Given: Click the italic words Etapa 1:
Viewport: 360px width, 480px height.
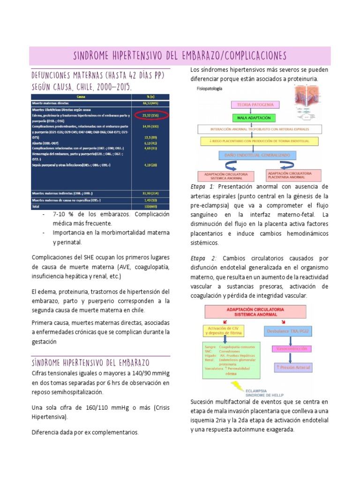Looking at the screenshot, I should coord(202,187).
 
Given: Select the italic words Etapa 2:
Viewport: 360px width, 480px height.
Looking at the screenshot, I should coord(203,258).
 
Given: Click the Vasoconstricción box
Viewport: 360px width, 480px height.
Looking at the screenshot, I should coord(292,349).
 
